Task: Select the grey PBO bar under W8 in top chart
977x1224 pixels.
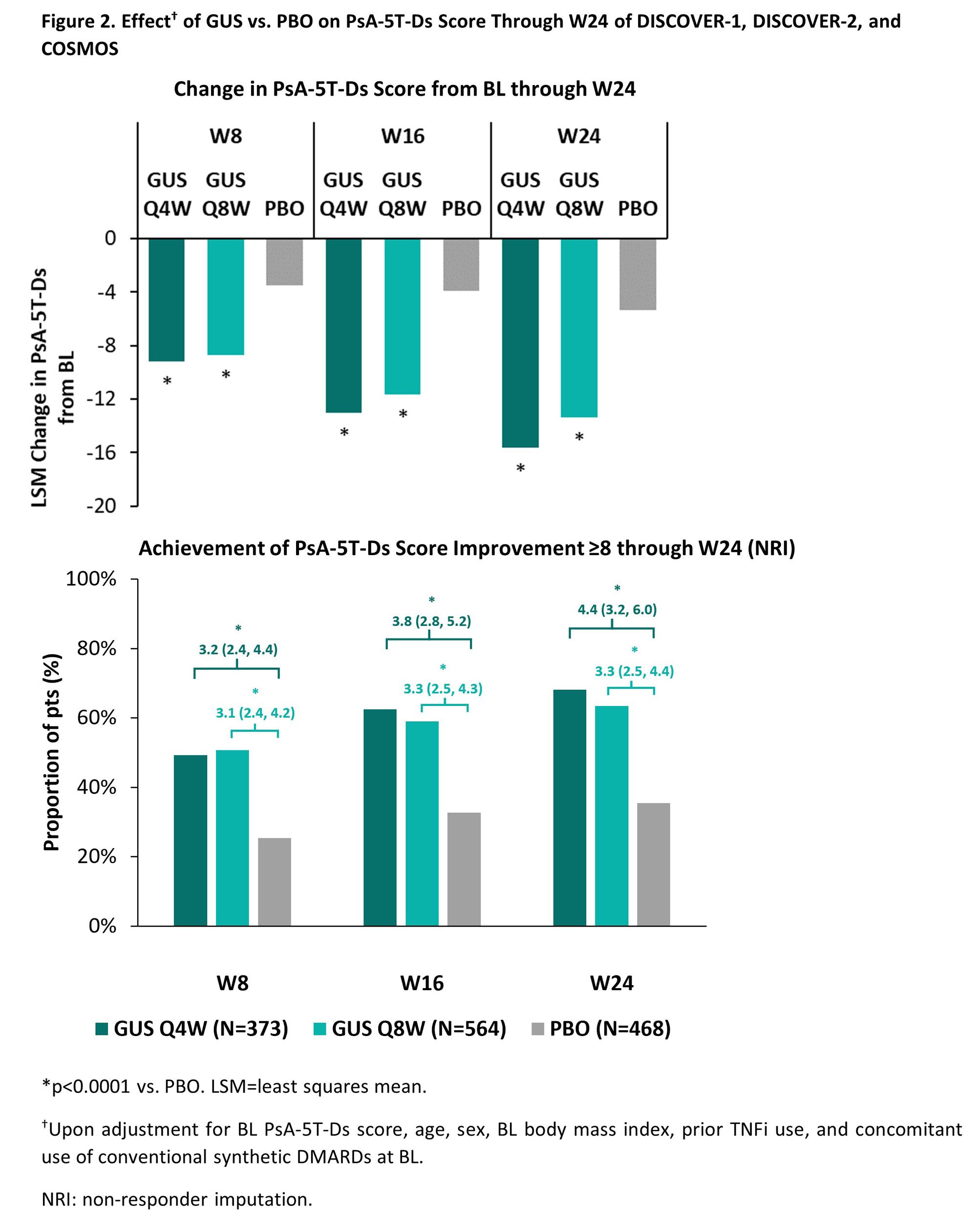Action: pos(284,262)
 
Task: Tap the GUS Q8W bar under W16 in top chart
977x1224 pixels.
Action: pos(402,316)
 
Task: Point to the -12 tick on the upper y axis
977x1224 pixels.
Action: pos(101,399)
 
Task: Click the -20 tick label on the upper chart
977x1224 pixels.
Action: pos(101,506)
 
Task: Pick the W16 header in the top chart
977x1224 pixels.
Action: pos(402,136)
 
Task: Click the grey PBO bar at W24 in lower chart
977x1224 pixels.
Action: pos(653,864)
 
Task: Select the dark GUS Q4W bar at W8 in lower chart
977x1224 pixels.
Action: pos(191,840)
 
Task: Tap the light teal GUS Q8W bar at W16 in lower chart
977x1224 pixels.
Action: pos(422,823)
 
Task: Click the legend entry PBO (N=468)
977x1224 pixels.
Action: pos(601,1029)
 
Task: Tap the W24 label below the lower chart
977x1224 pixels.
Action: pos(611,983)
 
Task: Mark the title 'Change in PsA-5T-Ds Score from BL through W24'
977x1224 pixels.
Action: pos(404,89)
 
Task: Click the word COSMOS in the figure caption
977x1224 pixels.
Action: pos(80,49)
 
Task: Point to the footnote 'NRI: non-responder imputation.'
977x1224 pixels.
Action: pos(177,1199)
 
